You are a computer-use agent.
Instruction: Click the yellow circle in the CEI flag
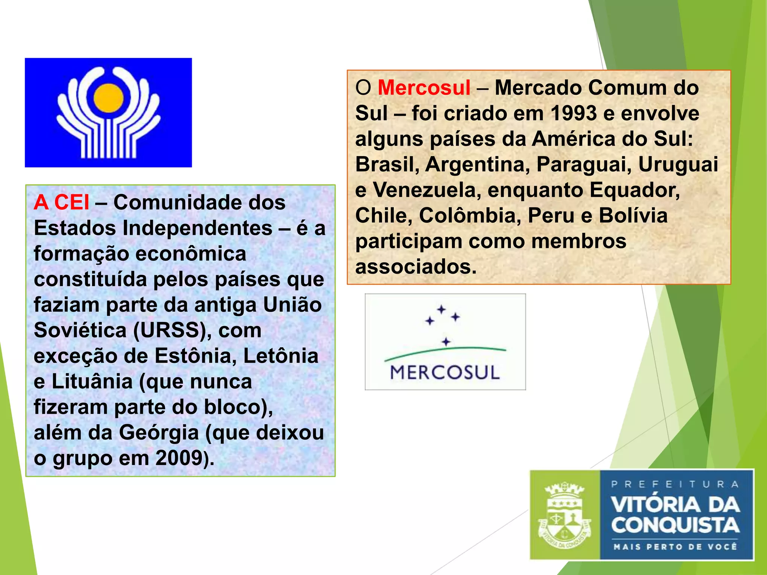[x=108, y=98]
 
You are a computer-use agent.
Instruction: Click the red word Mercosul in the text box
[x=424, y=88]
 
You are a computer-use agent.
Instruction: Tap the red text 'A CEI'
[x=61, y=203]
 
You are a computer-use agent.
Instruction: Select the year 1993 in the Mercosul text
[x=574, y=113]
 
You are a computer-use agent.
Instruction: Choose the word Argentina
[x=478, y=164]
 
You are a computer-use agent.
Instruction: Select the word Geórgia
[x=159, y=432]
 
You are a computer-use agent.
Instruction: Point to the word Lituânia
[x=92, y=381]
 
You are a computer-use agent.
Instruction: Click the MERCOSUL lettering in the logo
[x=445, y=372]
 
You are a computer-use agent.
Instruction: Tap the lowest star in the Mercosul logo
[x=446, y=342]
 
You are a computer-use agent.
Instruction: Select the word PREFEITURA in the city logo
[x=675, y=484]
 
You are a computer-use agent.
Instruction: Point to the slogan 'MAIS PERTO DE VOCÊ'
[x=675, y=547]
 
